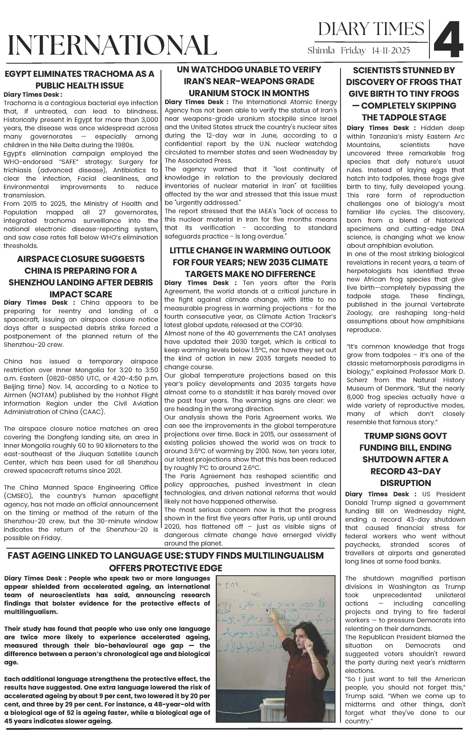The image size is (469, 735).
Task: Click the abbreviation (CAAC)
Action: (x=94, y=412)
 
